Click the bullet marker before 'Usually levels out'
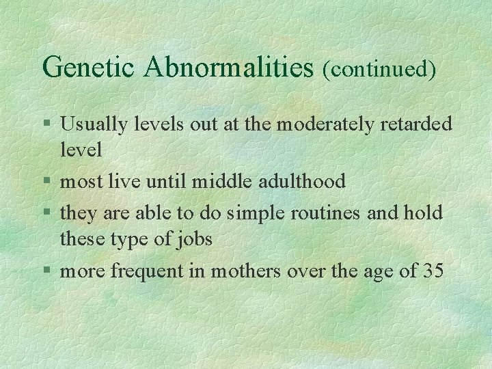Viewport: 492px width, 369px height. (46, 124)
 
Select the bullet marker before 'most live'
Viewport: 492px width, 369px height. (46, 182)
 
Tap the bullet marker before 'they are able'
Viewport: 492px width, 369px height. (46, 213)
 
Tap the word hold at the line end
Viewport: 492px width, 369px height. (424, 213)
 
